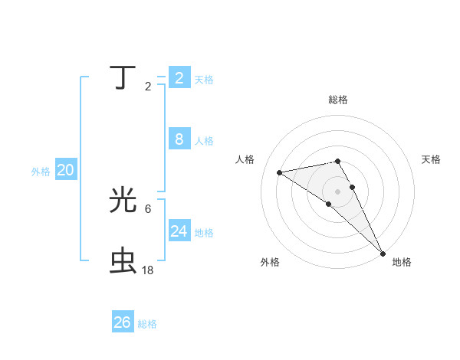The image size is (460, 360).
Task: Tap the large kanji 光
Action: pyautogui.click(x=123, y=201)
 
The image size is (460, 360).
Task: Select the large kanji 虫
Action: pyautogui.click(x=123, y=260)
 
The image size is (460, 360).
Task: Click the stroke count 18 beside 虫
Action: pyautogui.click(x=148, y=270)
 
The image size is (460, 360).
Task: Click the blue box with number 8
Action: pyautogui.click(x=179, y=139)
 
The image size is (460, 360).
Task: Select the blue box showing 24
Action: pyautogui.click(x=179, y=231)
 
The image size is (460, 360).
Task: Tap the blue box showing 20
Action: pyautogui.click(x=65, y=171)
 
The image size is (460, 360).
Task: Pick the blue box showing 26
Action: pyautogui.click(x=123, y=322)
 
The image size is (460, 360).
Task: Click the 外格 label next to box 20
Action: pyautogui.click(x=41, y=172)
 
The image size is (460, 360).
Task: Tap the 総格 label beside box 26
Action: pyautogui.click(x=147, y=324)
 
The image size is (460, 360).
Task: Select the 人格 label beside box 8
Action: pyautogui.click(x=204, y=141)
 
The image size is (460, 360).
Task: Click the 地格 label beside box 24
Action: pyautogui.click(x=204, y=233)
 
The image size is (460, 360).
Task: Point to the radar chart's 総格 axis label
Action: pyautogui.click(x=338, y=100)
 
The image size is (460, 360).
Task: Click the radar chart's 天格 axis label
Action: pyautogui.click(x=432, y=159)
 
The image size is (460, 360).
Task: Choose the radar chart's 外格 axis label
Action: pyautogui.click(x=270, y=262)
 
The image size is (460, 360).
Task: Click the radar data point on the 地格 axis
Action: pyautogui.click(x=383, y=253)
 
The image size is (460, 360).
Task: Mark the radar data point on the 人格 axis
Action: pyautogui.click(x=280, y=172)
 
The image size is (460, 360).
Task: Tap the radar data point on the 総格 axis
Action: pyautogui.click(x=338, y=161)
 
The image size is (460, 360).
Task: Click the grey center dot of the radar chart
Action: pyautogui.click(x=338, y=191)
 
